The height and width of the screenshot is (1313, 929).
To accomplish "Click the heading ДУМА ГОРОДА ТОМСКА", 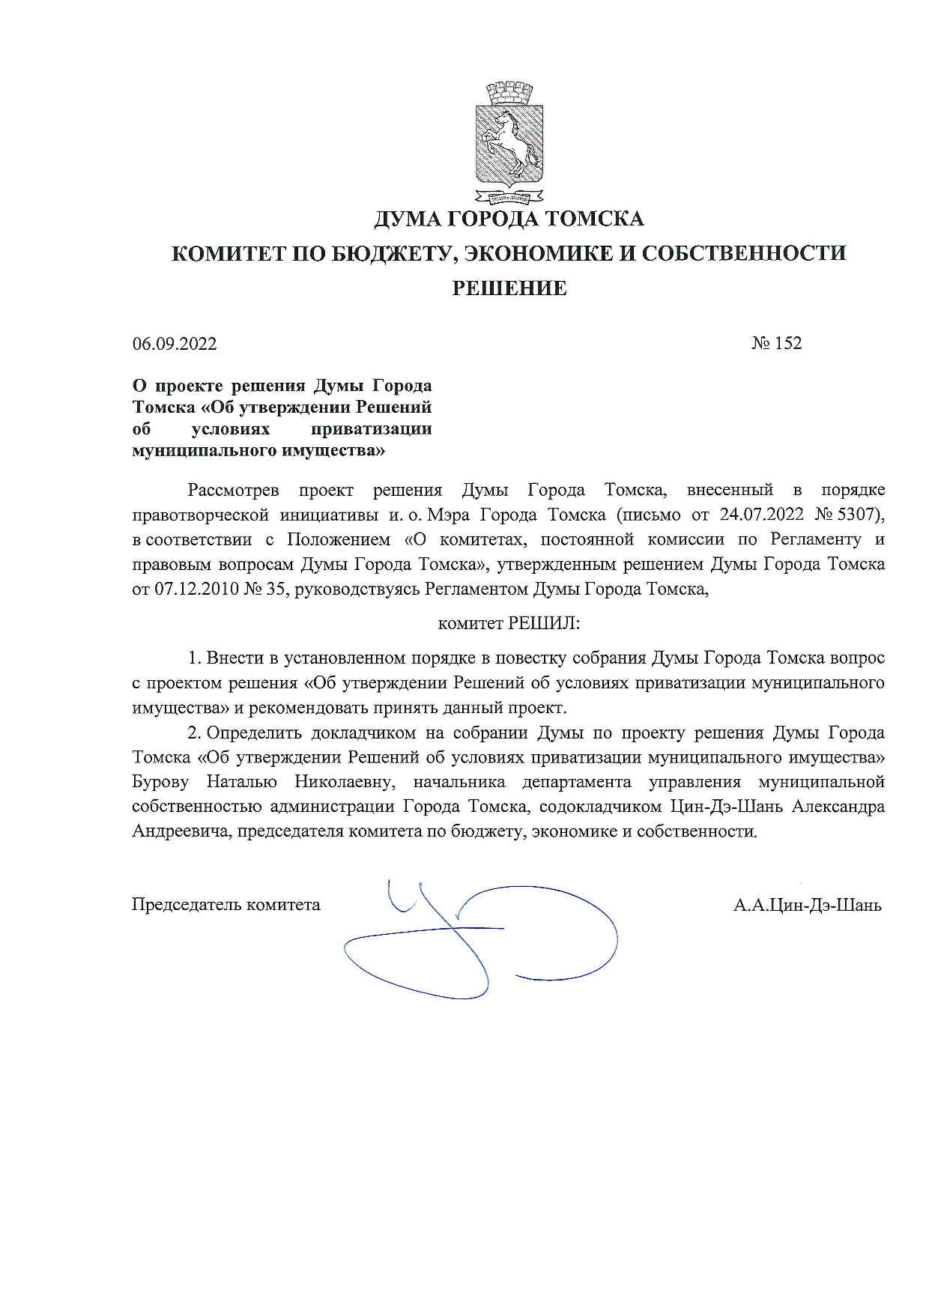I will (509, 219).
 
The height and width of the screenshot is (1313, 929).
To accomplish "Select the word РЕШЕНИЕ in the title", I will (509, 288).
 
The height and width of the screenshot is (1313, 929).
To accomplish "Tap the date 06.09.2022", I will (175, 344).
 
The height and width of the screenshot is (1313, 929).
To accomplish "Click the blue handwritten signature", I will (479, 936).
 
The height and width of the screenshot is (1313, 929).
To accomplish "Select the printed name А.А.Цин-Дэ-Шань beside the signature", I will (808, 905).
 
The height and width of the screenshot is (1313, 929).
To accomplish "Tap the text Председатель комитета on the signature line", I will (226, 905).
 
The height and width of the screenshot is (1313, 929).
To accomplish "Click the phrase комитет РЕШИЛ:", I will (509, 623).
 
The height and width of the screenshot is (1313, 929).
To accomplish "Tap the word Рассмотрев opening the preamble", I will (233, 490).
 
